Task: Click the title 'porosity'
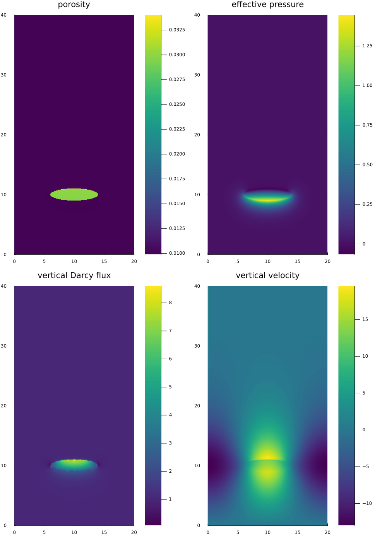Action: point(74,5)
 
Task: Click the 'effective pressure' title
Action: point(267,5)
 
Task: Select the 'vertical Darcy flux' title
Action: point(74,275)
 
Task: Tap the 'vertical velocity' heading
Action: point(267,275)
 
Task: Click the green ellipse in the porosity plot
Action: point(74,194)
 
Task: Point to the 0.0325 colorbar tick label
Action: point(177,30)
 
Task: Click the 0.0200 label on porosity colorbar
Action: point(177,154)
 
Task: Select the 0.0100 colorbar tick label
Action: point(177,253)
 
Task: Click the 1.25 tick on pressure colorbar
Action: point(367,46)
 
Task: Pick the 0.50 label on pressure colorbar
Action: point(367,165)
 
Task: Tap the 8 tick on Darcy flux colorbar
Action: point(170,303)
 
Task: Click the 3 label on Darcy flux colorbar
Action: point(170,443)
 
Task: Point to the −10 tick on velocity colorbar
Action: point(366,503)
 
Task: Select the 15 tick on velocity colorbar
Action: point(365,319)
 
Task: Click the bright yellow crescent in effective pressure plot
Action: point(267,200)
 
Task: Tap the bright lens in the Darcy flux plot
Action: point(74,463)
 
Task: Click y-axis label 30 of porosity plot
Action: point(4,75)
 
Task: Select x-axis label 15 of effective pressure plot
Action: point(298,261)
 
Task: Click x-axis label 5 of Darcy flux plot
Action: point(44,532)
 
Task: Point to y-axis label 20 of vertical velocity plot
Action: point(197,406)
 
